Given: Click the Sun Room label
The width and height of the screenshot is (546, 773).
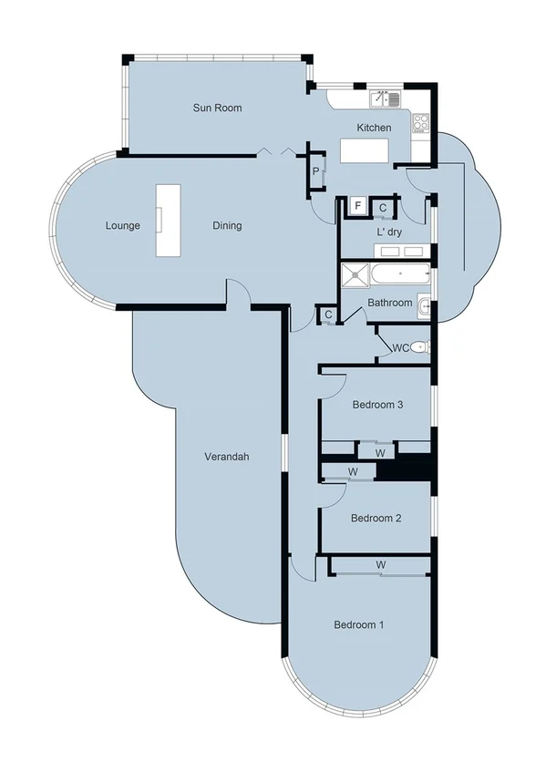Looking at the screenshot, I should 217,108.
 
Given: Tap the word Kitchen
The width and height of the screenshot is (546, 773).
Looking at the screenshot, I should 374,128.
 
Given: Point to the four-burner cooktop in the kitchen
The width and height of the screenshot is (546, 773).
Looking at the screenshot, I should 421,119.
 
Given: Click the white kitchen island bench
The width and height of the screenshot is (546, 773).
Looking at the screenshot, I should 366,150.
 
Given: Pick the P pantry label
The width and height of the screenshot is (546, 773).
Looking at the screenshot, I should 315,171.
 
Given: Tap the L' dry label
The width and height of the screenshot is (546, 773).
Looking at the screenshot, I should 389,232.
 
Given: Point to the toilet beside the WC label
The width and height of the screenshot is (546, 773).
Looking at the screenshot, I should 419,347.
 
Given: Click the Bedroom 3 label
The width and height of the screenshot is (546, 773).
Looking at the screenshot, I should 377,406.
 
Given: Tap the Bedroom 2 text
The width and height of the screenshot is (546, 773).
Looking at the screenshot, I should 376,518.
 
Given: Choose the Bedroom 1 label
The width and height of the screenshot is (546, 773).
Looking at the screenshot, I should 358,624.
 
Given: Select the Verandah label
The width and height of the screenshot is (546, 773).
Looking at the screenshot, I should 226,457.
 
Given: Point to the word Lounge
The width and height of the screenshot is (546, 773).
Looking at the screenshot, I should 122,225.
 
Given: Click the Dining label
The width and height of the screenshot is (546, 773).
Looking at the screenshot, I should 227,225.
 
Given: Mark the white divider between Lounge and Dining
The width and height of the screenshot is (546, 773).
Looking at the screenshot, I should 168,221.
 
